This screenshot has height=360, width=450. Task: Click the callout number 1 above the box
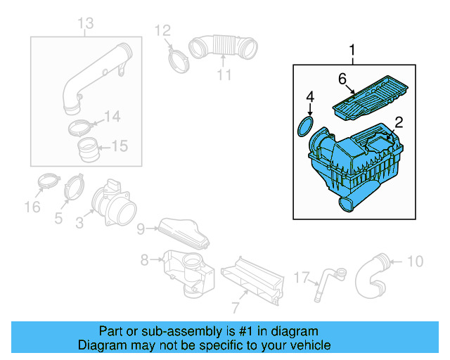pos(353,50)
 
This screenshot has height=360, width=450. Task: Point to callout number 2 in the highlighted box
pos(398,122)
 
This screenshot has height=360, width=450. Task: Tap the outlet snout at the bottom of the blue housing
pos(347,203)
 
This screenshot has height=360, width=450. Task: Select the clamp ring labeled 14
pos(82,128)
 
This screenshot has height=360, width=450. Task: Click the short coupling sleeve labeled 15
pos(89,150)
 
